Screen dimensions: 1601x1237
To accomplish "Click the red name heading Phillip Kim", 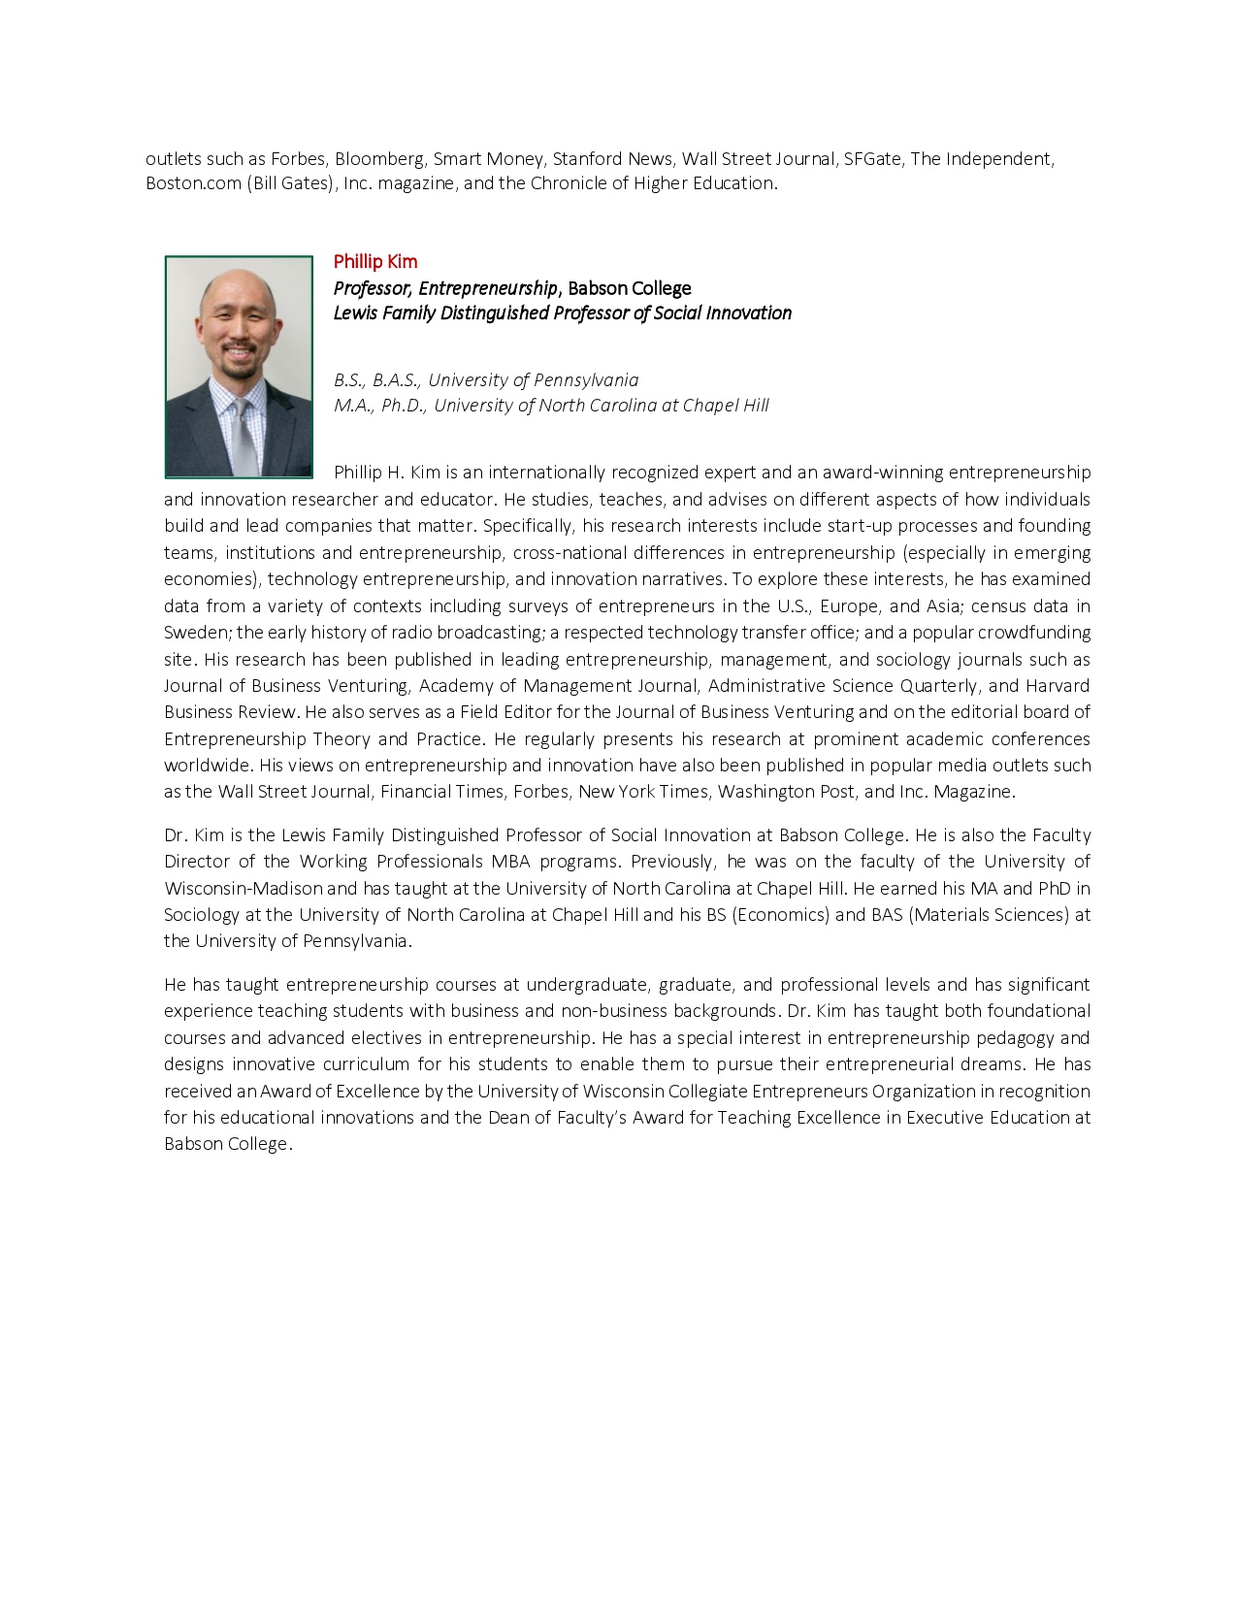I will click(x=374, y=262).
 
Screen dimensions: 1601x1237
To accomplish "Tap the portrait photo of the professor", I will click(x=239, y=367).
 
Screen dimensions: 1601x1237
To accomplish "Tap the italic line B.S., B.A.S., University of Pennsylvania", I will click(x=486, y=380).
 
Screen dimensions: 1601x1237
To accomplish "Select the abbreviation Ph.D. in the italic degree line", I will click(x=404, y=406).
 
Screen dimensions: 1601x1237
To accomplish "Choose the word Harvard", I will click(x=1058, y=686).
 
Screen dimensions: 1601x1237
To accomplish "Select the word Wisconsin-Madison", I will click(x=243, y=888).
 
